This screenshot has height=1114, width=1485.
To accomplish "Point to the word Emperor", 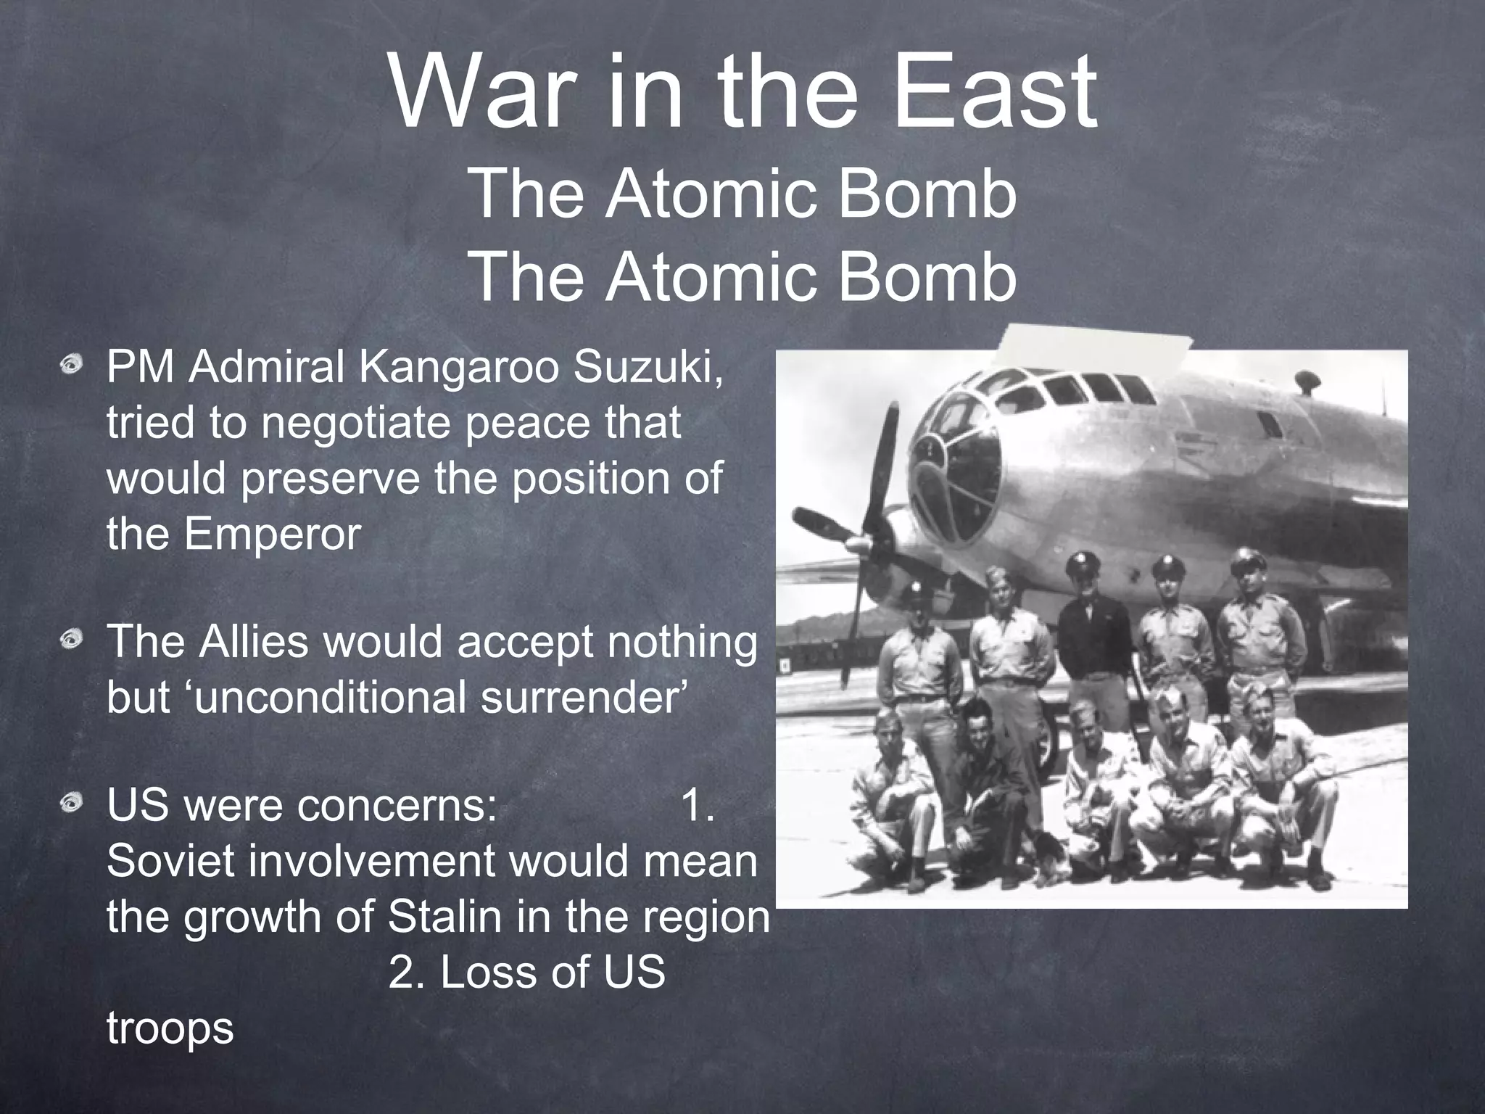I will coord(271,534).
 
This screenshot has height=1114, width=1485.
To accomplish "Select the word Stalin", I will coord(444,917).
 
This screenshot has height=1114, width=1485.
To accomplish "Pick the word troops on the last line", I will coord(170,1028).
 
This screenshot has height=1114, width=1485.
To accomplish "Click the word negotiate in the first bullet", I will coord(359,424).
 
